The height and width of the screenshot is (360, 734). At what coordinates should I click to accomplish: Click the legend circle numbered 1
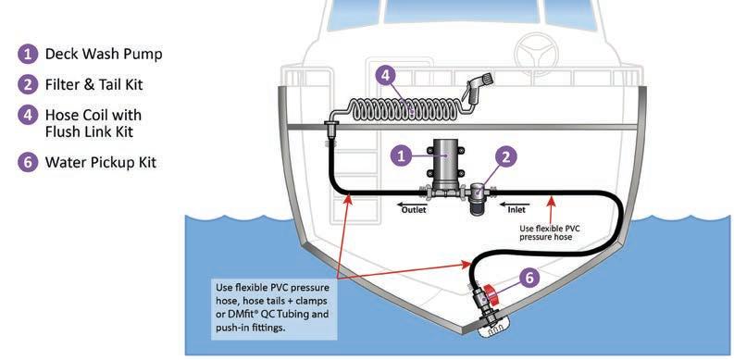(28, 54)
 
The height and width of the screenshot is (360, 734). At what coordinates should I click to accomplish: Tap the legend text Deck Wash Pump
(104, 54)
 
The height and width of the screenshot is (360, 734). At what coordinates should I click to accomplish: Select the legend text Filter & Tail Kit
(93, 84)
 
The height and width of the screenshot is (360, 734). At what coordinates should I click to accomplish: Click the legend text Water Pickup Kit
(101, 163)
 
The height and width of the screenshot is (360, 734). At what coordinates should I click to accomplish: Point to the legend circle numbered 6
(28, 163)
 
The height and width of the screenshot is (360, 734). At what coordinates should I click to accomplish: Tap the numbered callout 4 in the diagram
(386, 76)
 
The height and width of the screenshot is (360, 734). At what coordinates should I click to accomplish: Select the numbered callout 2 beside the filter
(506, 157)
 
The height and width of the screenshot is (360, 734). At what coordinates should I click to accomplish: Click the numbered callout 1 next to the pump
(401, 155)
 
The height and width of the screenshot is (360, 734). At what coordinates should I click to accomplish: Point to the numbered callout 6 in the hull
(529, 278)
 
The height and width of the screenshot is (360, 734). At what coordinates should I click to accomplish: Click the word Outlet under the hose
(414, 210)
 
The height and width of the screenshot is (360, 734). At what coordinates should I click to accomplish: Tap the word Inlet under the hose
(516, 210)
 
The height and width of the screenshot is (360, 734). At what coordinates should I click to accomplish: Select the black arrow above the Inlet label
(515, 205)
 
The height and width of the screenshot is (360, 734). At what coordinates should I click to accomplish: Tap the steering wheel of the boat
(536, 53)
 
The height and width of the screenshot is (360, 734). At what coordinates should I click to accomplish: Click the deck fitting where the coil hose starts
(330, 127)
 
